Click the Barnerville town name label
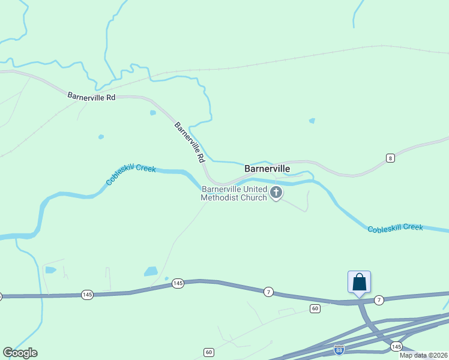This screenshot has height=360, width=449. tap(267, 169)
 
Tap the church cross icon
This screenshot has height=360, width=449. tap(276, 193)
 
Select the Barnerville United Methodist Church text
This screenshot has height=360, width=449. tap(234, 193)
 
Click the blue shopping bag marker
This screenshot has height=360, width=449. tap(359, 281)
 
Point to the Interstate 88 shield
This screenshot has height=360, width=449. tap(340, 349)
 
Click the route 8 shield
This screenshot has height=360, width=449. tap(390, 158)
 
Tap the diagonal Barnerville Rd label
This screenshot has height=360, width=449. tap(190, 143)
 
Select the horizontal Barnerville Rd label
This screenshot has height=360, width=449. tap(91, 96)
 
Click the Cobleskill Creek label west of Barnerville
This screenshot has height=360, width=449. tap(131, 173)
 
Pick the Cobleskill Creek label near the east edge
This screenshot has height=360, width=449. tap(395, 228)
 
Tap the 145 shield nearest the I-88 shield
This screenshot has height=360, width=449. tap(396, 347)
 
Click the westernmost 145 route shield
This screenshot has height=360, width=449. tap(88, 294)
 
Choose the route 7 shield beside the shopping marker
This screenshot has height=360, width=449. tap(379, 299)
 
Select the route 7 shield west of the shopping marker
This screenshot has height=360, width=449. tap(268, 292)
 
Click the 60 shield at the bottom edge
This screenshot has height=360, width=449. tap(208, 352)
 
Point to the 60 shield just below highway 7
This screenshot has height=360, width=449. tap(315, 308)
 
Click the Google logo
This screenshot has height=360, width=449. tap(20, 353)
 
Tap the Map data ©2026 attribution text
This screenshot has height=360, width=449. tap(423, 355)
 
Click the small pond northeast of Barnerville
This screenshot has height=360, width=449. tap(312, 121)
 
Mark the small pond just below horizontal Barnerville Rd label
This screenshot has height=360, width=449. tap(152, 112)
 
